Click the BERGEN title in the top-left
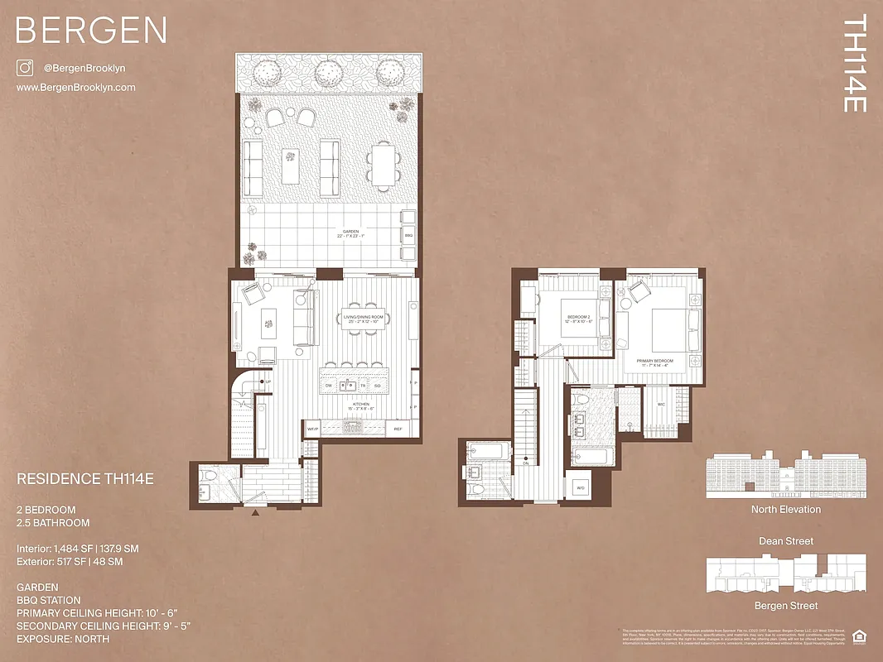click(x=91, y=31)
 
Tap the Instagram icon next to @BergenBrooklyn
click(x=24, y=68)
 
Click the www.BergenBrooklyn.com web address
click(x=75, y=88)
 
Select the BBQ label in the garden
click(x=408, y=235)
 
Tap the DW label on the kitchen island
click(x=329, y=386)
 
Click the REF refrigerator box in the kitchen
click(x=398, y=429)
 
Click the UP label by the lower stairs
click(x=268, y=381)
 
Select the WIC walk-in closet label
click(x=660, y=405)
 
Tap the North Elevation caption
click(x=785, y=509)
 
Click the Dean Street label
click(x=785, y=541)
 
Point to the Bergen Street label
click(x=785, y=606)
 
